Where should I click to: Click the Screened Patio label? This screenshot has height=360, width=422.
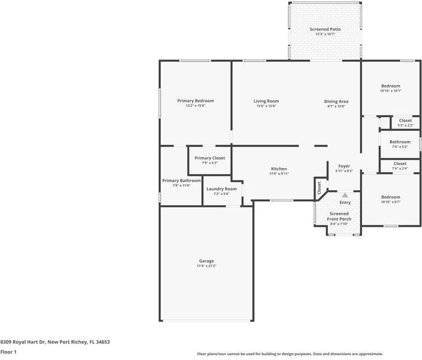click(325, 29)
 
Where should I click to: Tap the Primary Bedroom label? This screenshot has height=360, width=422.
click(195, 101)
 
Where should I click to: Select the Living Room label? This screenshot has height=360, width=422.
click(266, 101)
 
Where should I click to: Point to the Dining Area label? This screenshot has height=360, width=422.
click(336, 101)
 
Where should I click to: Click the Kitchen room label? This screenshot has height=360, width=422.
click(279, 169)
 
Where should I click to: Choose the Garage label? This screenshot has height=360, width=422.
click(206, 261)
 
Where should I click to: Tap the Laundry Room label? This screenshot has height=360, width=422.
click(222, 189)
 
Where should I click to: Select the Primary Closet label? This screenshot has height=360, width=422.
click(210, 158)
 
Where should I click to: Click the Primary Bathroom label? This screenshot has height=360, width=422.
click(181, 181)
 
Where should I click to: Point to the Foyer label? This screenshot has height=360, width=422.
click(344, 166)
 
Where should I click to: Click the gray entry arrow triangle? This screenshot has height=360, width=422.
click(345, 194)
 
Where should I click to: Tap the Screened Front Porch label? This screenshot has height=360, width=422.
click(339, 217)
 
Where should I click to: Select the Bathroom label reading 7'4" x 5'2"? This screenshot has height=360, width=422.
click(400, 142)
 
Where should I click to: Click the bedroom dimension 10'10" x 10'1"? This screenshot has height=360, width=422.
click(391, 91)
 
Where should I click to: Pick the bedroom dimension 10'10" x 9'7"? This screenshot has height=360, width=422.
click(391, 202)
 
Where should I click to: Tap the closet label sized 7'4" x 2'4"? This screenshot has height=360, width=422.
click(400, 169)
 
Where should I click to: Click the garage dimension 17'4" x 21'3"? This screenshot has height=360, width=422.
click(206, 266)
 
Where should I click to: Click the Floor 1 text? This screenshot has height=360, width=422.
click(8, 352)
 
